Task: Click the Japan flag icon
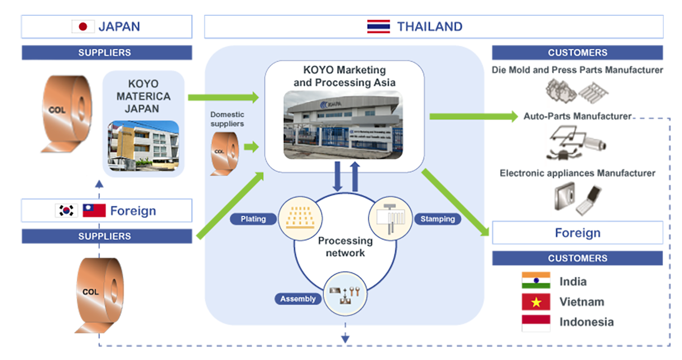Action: [84, 26]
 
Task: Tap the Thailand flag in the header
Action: [379, 26]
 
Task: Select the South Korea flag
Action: [66, 210]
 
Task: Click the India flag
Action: [536, 281]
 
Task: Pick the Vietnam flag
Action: [536, 302]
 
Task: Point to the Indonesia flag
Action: [536, 322]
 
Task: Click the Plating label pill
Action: [253, 219]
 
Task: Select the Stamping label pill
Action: [437, 219]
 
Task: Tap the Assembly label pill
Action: [297, 299]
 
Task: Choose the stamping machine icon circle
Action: [390, 219]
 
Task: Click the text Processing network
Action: [342, 247]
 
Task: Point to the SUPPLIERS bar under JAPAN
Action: [105, 53]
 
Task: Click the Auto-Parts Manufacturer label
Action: [577, 116]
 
